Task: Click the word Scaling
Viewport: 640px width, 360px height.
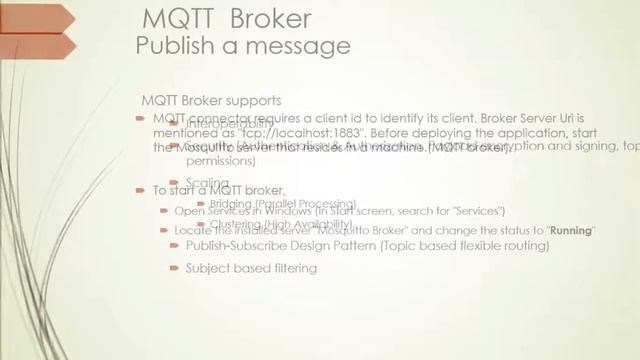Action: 207,182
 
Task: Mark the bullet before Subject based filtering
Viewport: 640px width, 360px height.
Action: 175,268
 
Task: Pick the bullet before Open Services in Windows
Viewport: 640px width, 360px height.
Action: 164,211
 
